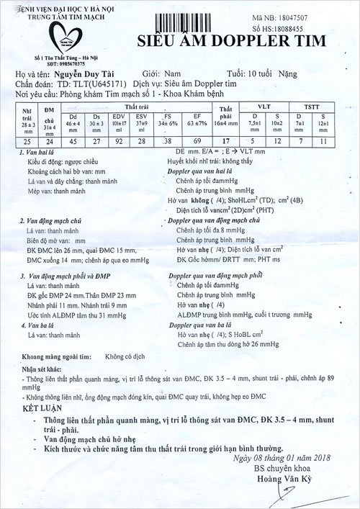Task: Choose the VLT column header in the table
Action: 263,106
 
